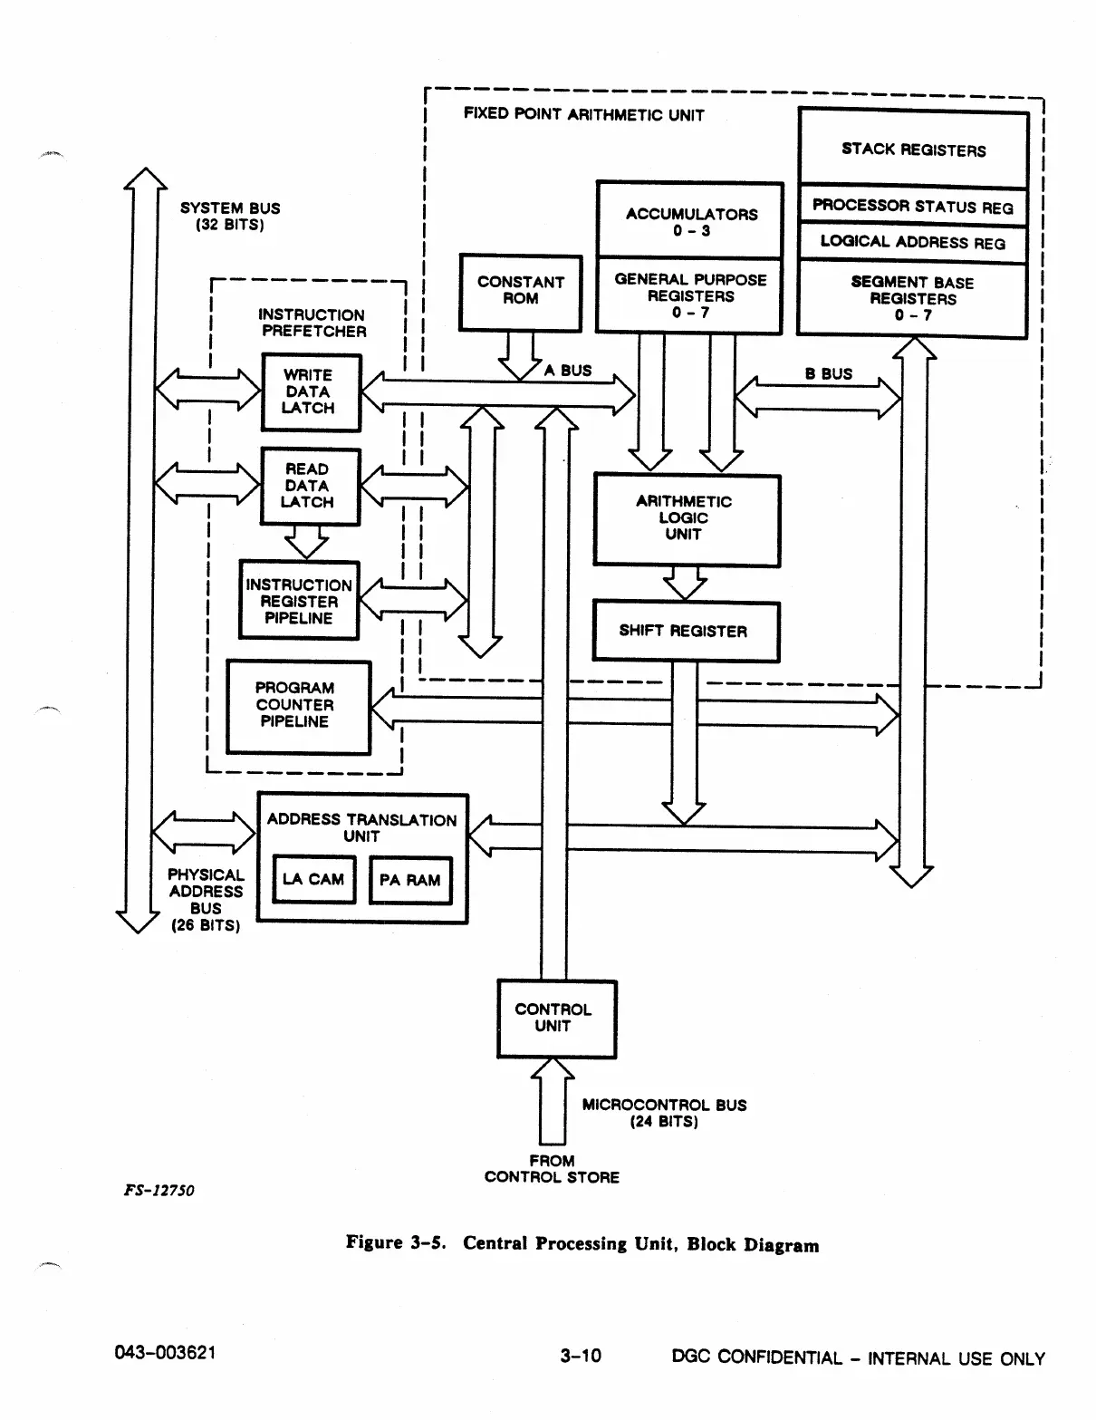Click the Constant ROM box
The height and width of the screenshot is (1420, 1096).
[521, 292]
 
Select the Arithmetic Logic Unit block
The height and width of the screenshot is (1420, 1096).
[686, 519]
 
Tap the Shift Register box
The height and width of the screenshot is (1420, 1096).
[685, 632]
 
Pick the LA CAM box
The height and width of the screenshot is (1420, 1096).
[313, 879]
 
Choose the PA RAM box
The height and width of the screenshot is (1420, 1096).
[410, 880]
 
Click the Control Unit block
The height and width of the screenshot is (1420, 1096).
[555, 1018]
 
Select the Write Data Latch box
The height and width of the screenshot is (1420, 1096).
[310, 391]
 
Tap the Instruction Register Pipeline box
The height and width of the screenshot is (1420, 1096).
[299, 601]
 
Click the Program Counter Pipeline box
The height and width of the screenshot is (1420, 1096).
[297, 706]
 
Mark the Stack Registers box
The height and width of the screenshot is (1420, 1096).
[913, 149]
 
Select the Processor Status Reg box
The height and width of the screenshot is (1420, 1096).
[913, 207]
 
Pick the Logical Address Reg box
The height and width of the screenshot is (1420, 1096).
[913, 243]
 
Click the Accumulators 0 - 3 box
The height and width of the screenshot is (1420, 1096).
[690, 220]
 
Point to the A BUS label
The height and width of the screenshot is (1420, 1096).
[568, 370]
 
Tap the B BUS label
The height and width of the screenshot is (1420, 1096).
[829, 373]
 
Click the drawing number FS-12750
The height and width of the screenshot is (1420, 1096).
[159, 1190]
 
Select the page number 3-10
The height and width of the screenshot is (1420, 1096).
[581, 1356]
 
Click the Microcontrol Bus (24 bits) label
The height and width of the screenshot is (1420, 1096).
[664, 1113]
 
